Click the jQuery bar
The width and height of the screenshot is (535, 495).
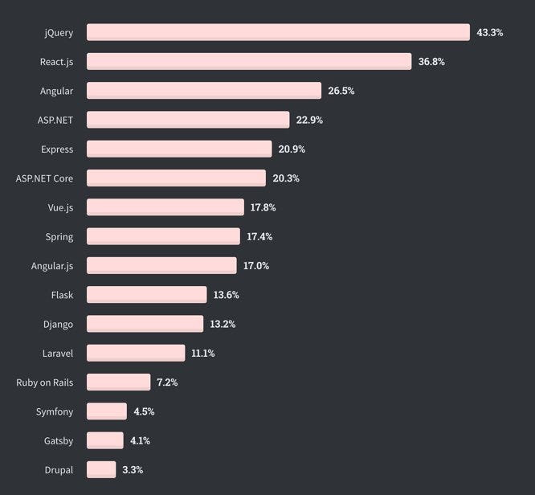pos(278,32)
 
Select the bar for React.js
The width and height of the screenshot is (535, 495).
pos(249,62)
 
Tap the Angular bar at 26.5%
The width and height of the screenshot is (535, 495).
pos(204,91)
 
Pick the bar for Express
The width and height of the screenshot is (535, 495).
pos(179,149)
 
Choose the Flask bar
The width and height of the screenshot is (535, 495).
pos(146,295)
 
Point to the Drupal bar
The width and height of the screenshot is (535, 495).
pos(101,469)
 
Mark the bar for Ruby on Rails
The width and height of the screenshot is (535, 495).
pos(118,382)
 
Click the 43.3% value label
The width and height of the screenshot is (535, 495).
pos(489,33)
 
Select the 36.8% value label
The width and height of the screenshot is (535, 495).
pos(431,62)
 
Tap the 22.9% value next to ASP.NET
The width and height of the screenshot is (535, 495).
pos(309,120)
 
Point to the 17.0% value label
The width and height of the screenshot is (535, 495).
pos(256,266)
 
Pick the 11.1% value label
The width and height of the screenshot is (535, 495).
pos(204,354)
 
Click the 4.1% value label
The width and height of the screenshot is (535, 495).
pos(140,440)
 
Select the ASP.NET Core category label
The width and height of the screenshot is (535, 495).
pos(44,178)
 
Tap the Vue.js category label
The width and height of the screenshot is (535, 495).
pos(60,207)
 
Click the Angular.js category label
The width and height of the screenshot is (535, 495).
pos(52,266)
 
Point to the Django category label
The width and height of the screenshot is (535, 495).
pos(59,324)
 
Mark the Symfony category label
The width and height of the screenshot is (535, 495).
pos(55,411)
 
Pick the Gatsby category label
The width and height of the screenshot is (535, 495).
pos(59,440)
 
